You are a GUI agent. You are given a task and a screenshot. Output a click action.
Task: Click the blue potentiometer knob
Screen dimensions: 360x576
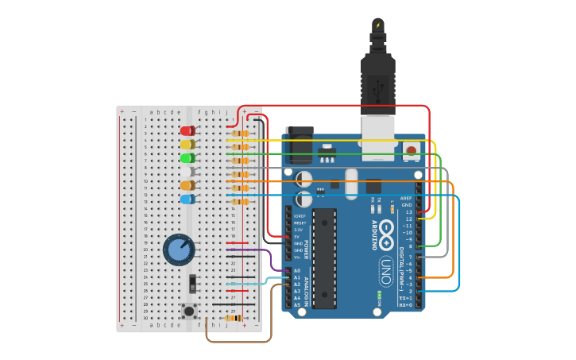(178, 250)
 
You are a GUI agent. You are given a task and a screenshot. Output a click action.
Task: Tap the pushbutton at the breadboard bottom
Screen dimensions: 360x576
(190, 310)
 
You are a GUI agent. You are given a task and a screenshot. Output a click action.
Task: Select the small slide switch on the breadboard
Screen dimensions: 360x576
(191, 283)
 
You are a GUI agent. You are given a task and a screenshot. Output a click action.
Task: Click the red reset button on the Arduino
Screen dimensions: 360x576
(411, 150)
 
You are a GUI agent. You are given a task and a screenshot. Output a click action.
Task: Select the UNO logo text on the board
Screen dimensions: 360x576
(385, 271)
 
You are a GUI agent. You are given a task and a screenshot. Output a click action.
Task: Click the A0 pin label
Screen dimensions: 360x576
(297, 271)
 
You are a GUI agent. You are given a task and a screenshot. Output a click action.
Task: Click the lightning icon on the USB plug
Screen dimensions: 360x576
(377, 25)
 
